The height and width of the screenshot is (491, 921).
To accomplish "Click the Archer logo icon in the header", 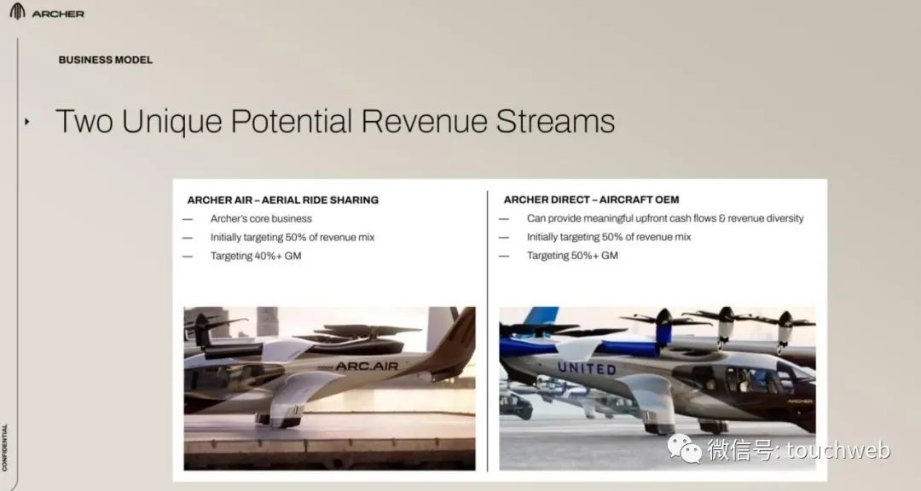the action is pos(17,11).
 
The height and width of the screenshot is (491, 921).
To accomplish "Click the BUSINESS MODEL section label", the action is pos(105,60).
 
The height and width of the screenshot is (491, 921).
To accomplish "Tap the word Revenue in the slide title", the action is pos(424,121).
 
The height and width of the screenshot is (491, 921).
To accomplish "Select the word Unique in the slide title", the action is pos(171,122).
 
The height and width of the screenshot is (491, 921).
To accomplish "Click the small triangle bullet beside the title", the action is pos(26,122).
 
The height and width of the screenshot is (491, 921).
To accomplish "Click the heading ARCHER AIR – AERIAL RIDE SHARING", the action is pos(282,199).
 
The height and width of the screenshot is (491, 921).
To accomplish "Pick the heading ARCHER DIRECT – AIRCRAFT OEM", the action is pos(591,199).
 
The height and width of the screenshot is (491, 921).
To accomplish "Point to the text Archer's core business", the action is pos(261,218).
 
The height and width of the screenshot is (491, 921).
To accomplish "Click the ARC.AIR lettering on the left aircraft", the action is pos(367,366).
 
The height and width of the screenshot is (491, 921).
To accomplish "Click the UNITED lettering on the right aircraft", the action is pos(586,368).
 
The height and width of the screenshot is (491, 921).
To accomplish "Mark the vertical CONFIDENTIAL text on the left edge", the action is pos(5,448).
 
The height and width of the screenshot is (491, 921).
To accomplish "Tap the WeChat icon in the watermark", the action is pos(684,448).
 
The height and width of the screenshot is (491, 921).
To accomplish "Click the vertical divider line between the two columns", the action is pos(487,331).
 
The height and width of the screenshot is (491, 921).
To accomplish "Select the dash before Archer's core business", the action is pos(188,219).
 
